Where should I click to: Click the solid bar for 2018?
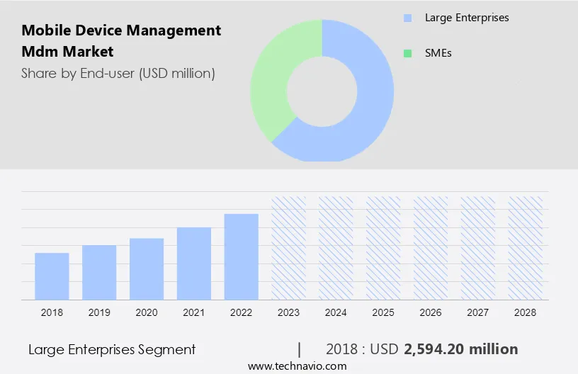coord(52,276)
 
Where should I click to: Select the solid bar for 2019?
coord(99,272)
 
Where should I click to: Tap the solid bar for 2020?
coord(147,268)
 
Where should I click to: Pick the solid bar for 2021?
coord(194,263)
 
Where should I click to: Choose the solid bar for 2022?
coord(242,256)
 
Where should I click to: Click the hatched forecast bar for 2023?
coord(289,248)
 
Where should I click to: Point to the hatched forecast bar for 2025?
coord(383,248)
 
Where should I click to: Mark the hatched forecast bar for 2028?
coord(526,248)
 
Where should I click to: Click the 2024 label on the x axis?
coord(336,312)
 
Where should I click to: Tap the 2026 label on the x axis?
coord(431,312)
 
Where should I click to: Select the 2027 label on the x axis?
coord(478,312)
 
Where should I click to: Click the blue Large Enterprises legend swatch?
coord(407,18)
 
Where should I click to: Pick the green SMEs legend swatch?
coord(407,53)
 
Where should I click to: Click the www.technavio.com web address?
coord(297,366)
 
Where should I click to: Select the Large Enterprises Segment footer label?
coord(112,349)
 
